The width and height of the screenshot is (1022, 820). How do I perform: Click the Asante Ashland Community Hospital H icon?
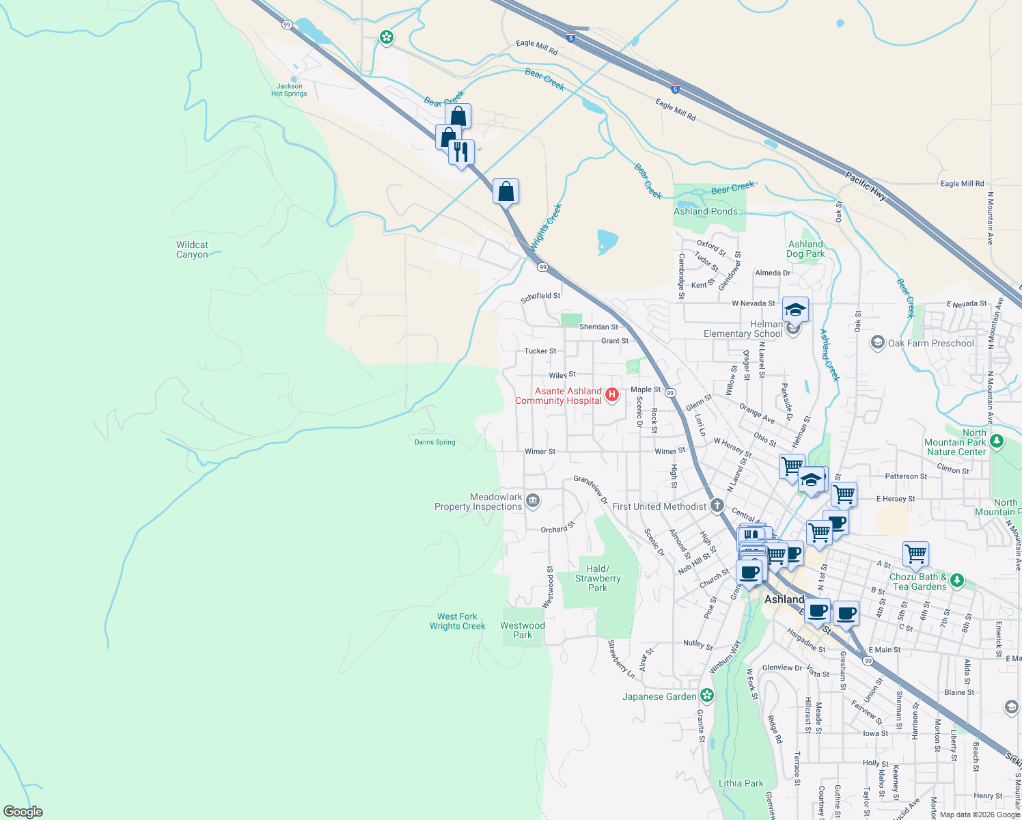(x=612, y=394)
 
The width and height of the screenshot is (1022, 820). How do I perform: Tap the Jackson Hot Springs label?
(x=289, y=90)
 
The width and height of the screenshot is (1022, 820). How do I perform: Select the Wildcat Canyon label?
(x=192, y=249)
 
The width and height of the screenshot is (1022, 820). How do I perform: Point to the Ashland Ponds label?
(x=706, y=211)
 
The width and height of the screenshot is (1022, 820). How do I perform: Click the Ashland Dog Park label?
(x=805, y=249)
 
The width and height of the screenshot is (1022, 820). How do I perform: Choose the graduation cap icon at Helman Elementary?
(x=795, y=310)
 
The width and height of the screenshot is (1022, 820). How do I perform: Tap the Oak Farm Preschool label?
(x=930, y=343)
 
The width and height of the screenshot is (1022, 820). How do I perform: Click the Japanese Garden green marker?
(x=707, y=696)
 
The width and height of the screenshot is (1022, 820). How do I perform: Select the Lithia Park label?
(x=741, y=783)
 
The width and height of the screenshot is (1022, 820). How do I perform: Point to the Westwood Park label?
(x=523, y=630)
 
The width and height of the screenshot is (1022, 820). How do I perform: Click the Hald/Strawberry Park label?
(x=598, y=578)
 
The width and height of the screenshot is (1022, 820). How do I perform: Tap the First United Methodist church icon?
(x=717, y=506)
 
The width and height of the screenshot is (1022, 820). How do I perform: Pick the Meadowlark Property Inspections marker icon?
(x=534, y=502)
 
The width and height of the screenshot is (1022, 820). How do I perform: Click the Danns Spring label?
(x=434, y=442)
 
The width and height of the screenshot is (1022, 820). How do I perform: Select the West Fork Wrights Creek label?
(x=457, y=621)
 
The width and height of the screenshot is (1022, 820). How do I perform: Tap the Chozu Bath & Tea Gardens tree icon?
(x=957, y=581)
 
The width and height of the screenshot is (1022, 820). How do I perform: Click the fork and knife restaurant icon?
(x=462, y=152)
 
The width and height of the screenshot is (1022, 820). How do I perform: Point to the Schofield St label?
(x=540, y=297)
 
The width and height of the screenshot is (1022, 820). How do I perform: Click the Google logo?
(x=23, y=812)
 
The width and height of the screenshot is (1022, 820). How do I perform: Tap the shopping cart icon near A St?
(x=915, y=553)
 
